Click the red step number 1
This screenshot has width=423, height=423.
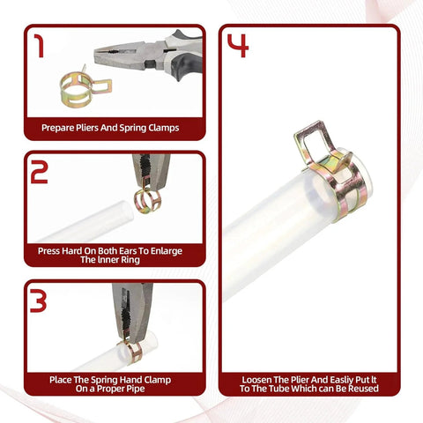[40, 46]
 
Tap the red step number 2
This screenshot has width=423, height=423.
[40, 172]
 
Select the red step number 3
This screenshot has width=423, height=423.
[38, 301]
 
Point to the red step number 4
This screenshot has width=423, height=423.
[238, 46]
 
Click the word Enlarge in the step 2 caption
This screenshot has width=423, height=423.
[167, 251]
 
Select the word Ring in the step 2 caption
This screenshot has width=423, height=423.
[130, 260]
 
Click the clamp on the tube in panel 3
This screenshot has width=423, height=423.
[131, 351]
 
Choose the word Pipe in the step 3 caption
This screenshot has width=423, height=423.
[135, 389]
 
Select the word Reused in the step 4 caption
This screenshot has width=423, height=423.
[363, 389]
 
